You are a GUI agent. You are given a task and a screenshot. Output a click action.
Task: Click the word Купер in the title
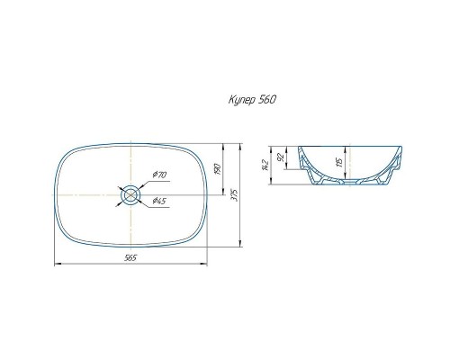click(241, 100)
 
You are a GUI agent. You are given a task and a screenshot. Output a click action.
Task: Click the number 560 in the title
click(266, 99)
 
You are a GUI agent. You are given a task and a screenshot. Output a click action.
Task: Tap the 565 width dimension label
click(130, 257)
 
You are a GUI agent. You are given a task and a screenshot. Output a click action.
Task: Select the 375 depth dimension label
click(235, 195)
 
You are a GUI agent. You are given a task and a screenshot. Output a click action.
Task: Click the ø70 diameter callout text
click(159, 175)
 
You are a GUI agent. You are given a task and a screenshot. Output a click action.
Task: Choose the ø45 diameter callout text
click(158, 201)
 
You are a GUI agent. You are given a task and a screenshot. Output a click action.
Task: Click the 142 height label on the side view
click(265, 166)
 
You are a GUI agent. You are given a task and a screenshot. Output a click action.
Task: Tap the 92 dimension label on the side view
click(281, 157)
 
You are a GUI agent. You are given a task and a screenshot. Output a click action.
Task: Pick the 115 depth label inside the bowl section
click(339, 162)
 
